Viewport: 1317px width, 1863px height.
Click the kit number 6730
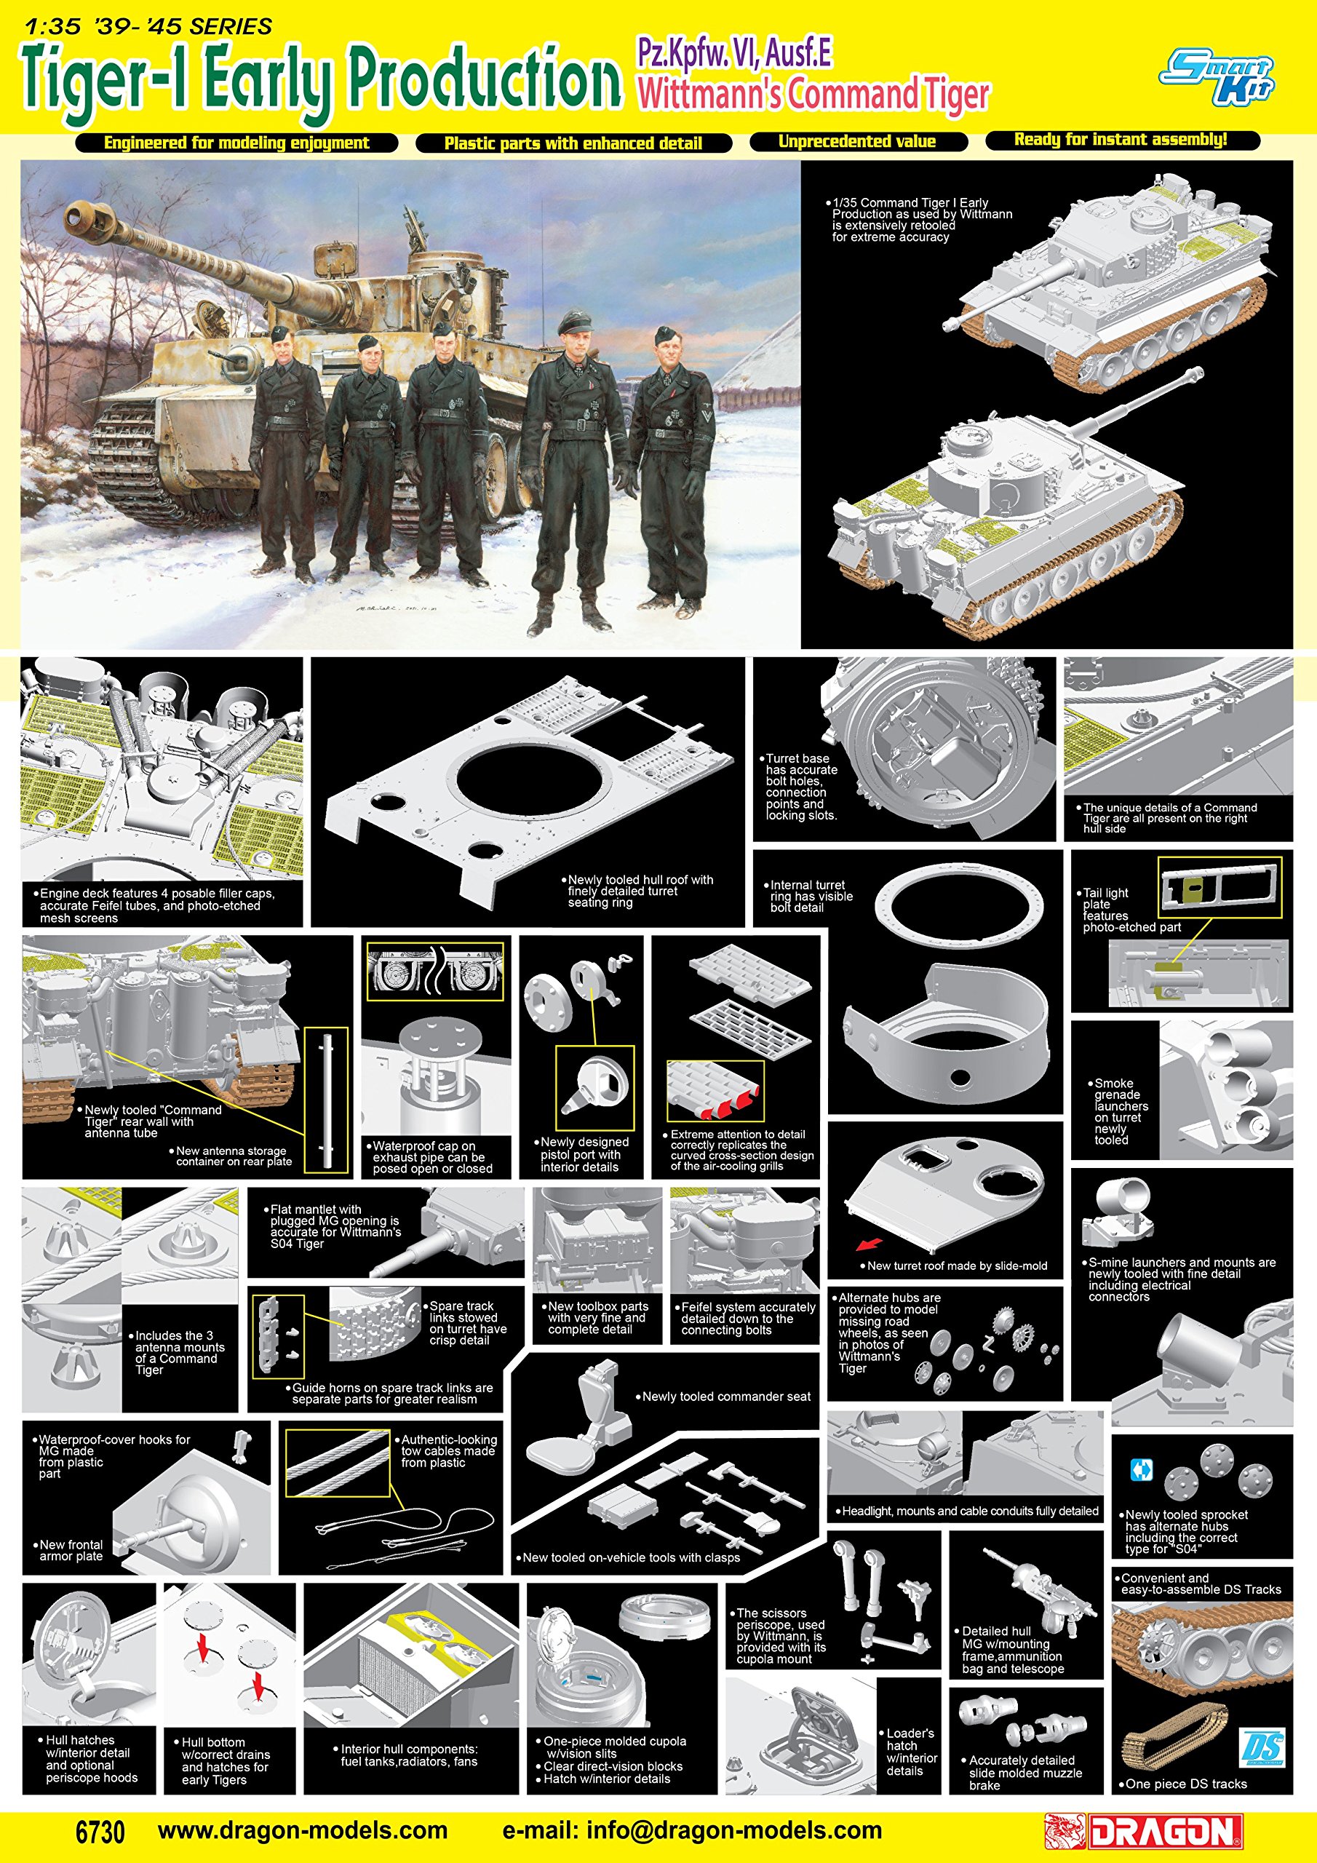[x=100, y=1832]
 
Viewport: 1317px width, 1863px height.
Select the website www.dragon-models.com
[x=303, y=1830]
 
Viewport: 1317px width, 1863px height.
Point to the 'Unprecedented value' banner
[x=858, y=142]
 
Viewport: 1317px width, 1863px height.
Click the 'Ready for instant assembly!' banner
[x=1122, y=140]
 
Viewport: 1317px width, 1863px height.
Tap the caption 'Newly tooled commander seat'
[x=726, y=1397]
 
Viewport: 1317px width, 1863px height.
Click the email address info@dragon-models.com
[x=692, y=1830]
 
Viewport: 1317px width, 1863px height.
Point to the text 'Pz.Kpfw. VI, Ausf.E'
[x=734, y=54]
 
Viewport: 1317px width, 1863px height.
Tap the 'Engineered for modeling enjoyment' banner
[x=236, y=143]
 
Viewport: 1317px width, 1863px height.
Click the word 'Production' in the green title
[x=485, y=79]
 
